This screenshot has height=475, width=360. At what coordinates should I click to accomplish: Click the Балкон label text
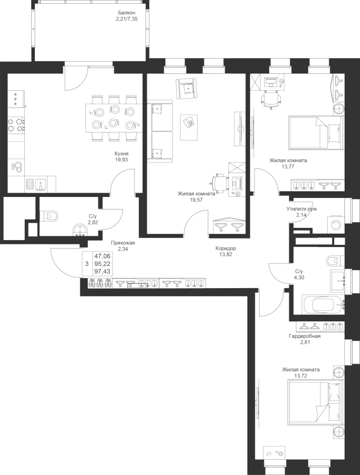click(127, 13)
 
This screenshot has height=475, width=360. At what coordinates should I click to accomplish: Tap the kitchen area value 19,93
click(121, 159)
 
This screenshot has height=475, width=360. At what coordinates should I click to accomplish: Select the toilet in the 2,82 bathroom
click(49, 216)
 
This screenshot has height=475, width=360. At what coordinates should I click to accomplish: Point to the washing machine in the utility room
click(336, 225)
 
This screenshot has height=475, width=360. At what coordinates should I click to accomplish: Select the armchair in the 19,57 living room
click(186, 88)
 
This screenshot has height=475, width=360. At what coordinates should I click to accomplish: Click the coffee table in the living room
click(189, 127)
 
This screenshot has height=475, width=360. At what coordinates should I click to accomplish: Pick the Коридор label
click(226, 249)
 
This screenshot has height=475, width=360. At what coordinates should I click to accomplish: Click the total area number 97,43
click(102, 271)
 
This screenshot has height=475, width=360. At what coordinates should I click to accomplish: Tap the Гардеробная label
click(304, 336)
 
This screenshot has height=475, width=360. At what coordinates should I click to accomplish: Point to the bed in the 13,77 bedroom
click(316, 132)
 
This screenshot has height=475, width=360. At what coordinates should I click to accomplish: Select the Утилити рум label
click(301, 208)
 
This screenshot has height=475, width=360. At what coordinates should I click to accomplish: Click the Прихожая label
click(122, 243)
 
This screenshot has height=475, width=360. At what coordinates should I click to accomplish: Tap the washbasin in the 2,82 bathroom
click(80, 230)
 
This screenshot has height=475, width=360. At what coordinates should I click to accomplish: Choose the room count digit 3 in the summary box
click(87, 264)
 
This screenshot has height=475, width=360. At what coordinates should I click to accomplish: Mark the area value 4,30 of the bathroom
click(299, 277)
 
